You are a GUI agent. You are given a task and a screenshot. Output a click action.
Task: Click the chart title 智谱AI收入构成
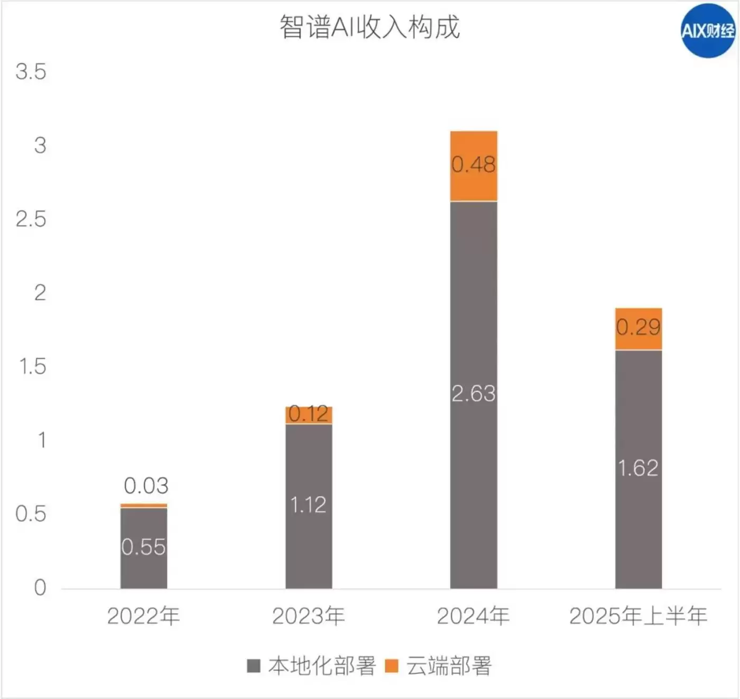(369, 27)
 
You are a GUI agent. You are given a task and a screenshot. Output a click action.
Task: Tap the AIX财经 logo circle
(707, 31)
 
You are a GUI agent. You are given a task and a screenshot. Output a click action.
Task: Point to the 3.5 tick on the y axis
(31, 72)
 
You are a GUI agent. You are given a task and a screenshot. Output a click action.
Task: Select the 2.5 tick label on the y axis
(31, 219)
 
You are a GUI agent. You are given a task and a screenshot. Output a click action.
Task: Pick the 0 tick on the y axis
(40, 587)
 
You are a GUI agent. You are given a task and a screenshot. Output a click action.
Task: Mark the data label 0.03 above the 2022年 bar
(146, 485)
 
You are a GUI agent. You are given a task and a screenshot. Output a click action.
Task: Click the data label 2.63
(474, 394)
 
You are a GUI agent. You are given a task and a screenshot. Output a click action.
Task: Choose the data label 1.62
(639, 468)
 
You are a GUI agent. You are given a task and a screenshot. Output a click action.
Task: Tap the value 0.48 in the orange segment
(474, 164)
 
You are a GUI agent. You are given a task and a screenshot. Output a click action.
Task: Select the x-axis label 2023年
(309, 616)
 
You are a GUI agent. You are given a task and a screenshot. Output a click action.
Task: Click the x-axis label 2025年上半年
(639, 616)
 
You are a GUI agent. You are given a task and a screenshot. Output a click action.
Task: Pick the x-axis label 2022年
(144, 616)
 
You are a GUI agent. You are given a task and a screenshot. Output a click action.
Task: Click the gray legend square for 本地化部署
(254, 666)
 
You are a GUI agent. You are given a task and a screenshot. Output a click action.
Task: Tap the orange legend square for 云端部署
(392, 666)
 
